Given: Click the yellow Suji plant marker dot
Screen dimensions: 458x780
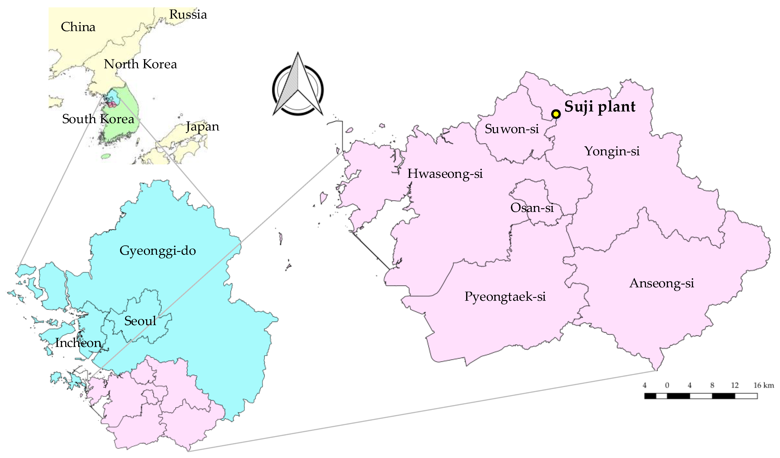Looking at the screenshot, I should point(556,114).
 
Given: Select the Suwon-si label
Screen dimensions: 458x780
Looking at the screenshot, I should point(512,129).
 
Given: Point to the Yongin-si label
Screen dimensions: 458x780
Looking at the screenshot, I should point(612,151).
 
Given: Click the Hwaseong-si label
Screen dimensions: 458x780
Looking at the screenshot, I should point(445,174).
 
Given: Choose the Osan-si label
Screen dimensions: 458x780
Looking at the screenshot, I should point(532,208).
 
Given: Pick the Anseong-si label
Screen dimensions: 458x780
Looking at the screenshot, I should point(662,283).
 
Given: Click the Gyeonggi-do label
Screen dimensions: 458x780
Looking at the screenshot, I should point(158,251).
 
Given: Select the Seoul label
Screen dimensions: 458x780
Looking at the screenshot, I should point(140,321).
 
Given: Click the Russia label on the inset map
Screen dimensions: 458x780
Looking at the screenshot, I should point(188,14).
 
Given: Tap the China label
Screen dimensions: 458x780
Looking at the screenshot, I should point(78,27).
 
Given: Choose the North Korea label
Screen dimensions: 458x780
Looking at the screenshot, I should point(140,64).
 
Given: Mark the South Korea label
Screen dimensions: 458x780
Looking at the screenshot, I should point(98,119).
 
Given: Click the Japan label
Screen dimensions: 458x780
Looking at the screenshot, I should point(203,127).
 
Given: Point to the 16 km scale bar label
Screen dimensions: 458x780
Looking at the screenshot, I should point(764,385).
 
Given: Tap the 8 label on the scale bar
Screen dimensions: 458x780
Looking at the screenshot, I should point(712,385).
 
